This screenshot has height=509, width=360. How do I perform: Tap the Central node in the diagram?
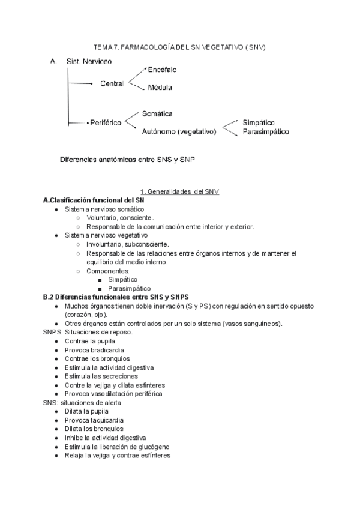[112, 84]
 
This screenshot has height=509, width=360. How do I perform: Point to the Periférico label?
[104, 122]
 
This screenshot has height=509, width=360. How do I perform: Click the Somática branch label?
[158, 113]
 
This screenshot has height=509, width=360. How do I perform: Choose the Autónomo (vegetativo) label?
[178, 131]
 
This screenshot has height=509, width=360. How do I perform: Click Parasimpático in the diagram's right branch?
[266, 131]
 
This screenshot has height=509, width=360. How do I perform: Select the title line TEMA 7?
[180, 47]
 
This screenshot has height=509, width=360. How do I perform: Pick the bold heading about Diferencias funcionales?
[116, 297]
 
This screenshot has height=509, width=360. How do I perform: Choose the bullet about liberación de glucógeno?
[117, 447]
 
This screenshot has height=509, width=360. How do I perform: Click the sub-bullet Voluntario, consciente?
[120, 217]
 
